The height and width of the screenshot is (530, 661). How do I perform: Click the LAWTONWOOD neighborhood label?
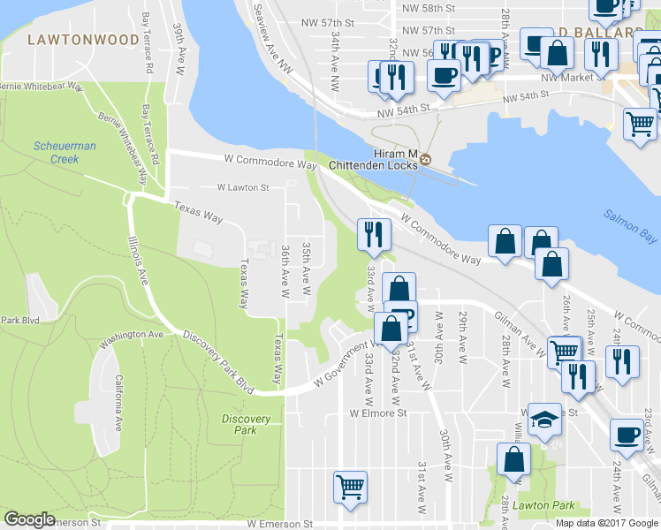point(83,40)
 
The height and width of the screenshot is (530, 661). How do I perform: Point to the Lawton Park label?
point(549,506)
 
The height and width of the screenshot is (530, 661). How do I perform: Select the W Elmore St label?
point(377,413)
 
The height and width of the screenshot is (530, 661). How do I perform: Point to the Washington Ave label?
point(133,337)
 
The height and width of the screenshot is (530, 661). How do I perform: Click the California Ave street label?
point(118,402)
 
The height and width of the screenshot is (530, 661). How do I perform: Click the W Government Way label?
point(340,367)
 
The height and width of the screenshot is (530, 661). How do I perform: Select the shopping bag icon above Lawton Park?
point(513,459)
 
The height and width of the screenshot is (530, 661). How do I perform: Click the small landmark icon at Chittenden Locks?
point(426,159)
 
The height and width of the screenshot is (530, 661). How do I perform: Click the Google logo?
point(29,519)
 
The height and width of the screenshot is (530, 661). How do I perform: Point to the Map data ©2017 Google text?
point(606,523)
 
